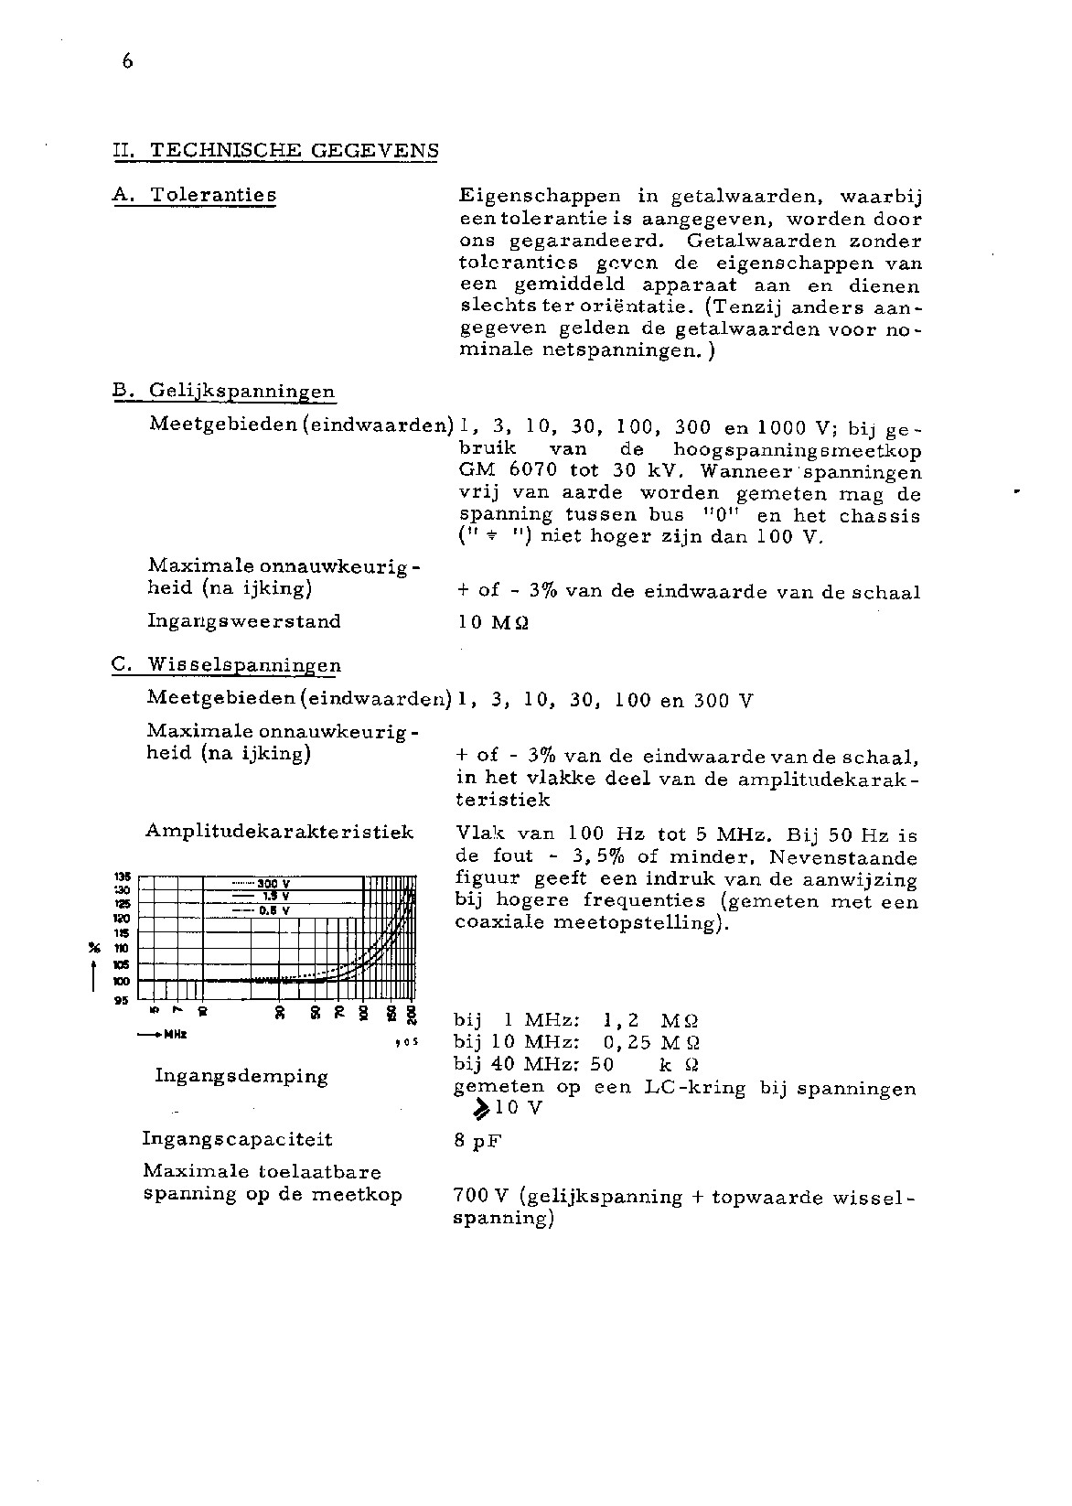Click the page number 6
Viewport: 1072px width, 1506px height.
pyautogui.click(x=126, y=61)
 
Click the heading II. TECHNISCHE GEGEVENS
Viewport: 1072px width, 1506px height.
pyautogui.click(x=274, y=151)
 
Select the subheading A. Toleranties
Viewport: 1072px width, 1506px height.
pyautogui.click(x=194, y=195)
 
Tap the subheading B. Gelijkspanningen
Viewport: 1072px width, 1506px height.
pyautogui.click(x=223, y=393)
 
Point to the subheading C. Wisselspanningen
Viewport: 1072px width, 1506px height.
pyautogui.click(x=226, y=665)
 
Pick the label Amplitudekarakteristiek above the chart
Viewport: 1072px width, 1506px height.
pyautogui.click(x=279, y=832)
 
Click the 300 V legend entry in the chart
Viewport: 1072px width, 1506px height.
pyautogui.click(x=273, y=884)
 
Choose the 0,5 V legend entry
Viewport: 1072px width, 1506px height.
pyautogui.click(x=273, y=910)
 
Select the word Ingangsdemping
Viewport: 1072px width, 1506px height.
pyautogui.click(x=241, y=1076)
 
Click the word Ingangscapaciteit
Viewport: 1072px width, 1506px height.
pyautogui.click(x=237, y=1139)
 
